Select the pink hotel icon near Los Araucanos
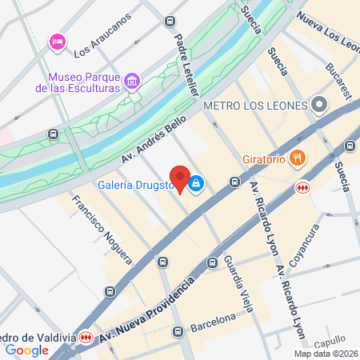coord(57,41)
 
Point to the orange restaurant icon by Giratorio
coord(298,158)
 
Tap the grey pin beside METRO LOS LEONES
coord(319,105)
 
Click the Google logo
coord(26,350)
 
